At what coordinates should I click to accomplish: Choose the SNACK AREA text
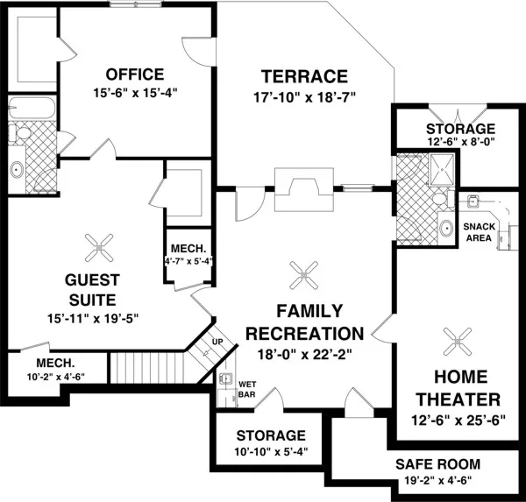click(478, 231)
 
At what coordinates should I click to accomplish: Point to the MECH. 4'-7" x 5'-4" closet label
click(188, 254)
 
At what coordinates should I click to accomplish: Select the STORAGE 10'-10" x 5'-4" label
click(270, 442)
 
